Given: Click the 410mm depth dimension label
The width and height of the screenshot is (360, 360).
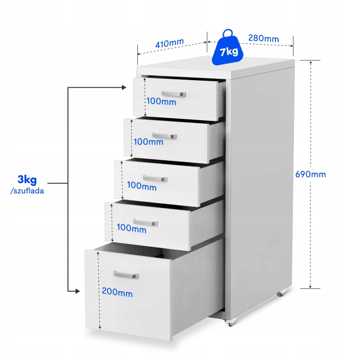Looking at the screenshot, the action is (x=170, y=43).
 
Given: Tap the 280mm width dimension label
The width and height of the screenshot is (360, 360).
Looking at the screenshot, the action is (x=264, y=38).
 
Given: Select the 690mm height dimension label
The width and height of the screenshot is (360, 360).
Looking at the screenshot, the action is (x=310, y=174).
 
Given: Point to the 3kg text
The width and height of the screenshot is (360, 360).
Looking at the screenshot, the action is (x=27, y=180).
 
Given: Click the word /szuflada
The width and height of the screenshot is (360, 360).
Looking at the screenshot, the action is (x=27, y=191).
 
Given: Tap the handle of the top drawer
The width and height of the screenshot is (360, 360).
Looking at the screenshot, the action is (x=174, y=94).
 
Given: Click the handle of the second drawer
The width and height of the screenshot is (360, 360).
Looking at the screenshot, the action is (x=164, y=136).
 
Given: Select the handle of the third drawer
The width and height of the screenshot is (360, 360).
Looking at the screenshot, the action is (x=155, y=178).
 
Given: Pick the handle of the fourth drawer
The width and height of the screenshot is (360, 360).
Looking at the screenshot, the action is (x=145, y=222).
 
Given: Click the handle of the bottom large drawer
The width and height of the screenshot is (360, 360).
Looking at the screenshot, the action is (x=126, y=274).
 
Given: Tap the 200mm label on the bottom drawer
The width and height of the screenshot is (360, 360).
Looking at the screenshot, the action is (x=117, y=292).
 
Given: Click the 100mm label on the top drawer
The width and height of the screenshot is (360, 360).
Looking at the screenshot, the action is (x=162, y=101).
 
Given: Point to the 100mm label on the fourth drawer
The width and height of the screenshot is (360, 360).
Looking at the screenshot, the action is (x=131, y=228).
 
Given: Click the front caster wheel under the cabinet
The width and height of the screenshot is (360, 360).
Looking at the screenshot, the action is (x=230, y=323).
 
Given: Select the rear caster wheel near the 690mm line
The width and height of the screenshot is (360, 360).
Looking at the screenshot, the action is (x=280, y=293).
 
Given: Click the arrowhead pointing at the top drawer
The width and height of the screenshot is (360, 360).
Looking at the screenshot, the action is (x=124, y=87).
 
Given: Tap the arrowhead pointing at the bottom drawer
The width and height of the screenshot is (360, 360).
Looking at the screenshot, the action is (x=77, y=291).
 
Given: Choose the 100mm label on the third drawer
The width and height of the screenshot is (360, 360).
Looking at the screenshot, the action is (x=142, y=186).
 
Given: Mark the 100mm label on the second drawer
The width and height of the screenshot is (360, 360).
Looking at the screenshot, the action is (x=148, y=142).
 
